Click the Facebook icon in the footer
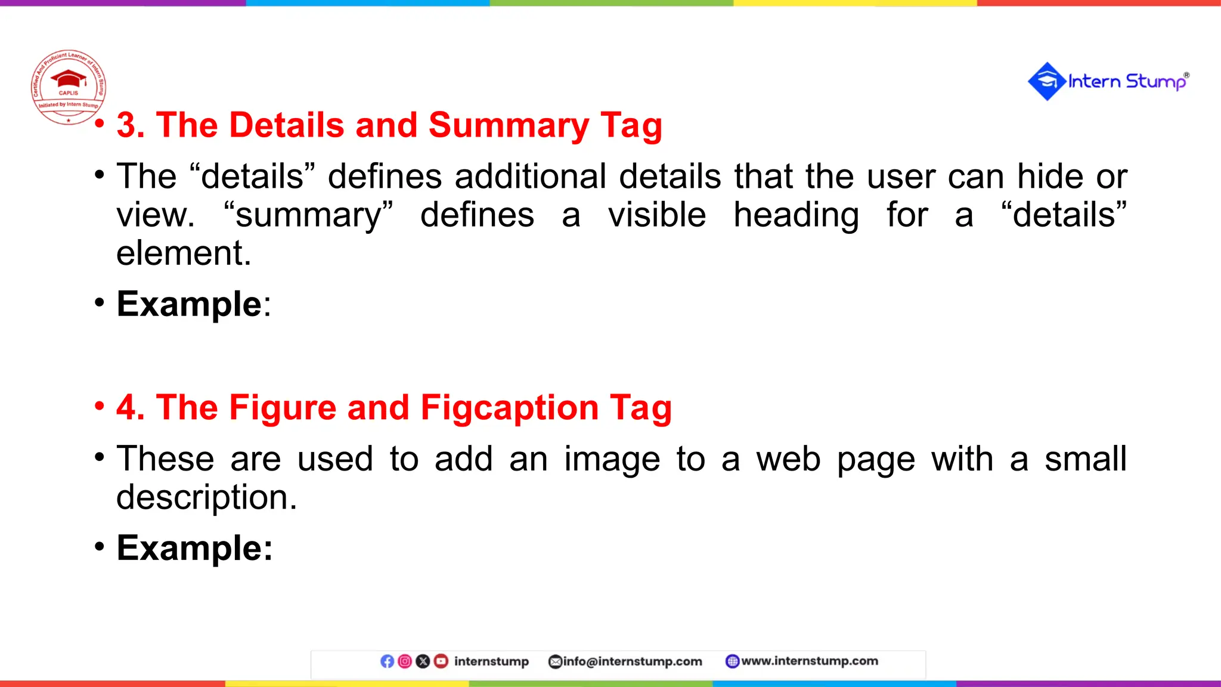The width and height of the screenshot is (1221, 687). point(387,661)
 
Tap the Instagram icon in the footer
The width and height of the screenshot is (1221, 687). point(405,661)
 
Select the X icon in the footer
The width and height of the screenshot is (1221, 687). point(423,661)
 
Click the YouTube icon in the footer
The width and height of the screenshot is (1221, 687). point(441,661)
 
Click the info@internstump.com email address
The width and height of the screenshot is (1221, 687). point(632,661)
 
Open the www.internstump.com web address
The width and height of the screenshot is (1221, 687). point(809,661)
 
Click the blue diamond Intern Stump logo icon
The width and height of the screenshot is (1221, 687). point(1046,82)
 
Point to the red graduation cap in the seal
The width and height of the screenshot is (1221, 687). point(69,78)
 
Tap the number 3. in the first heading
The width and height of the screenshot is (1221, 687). point(131,125)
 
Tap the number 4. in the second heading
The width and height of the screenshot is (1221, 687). point(131,408)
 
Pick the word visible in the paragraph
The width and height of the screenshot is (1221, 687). point(657,215)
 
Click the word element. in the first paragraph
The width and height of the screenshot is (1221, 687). point(184,253)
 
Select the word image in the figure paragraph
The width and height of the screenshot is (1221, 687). point(612,459)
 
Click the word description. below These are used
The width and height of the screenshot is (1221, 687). point(206,497)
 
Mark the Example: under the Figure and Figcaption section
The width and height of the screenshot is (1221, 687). point(194,548)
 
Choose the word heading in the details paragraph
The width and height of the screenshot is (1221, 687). point(796,216)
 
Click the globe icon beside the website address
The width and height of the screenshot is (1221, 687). point(732,661)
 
